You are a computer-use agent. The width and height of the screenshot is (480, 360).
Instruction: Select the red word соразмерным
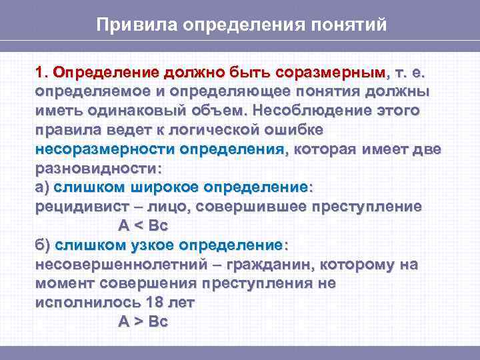331,71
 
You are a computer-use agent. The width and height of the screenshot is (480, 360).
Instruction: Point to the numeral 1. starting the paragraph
42,71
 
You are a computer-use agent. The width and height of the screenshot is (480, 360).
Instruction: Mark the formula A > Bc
143,321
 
